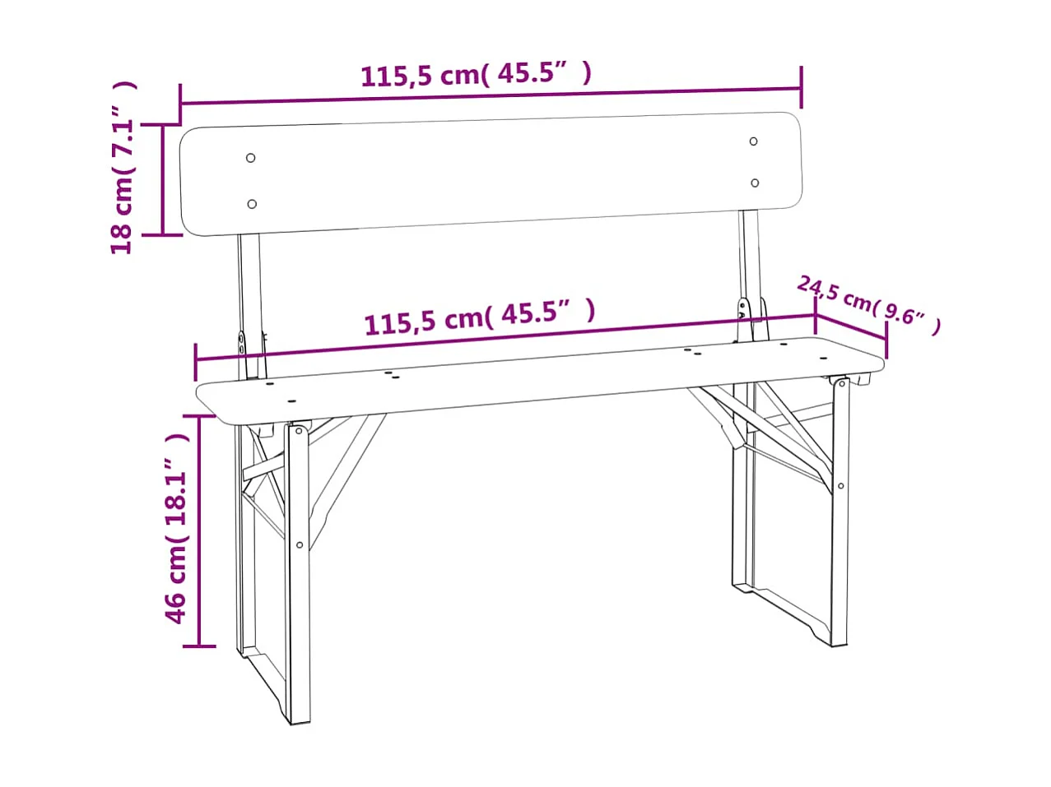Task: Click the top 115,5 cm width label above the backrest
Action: (x=476, y=75)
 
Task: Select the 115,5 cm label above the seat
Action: (x=479, y=316)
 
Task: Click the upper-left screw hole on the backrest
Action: (x=251, y=158)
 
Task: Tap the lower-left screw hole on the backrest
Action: (x=252, y=204)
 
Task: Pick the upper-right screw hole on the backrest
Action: (x=753, y=141)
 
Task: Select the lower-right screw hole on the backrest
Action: (x=755, y=183)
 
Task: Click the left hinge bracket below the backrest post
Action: (x=242, y=343)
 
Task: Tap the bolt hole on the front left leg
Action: (x=300, y=544)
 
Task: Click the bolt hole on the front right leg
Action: (x=840, y=486)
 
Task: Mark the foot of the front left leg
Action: (x=300, y=719)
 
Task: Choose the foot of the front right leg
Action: (x=839, y=641)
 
